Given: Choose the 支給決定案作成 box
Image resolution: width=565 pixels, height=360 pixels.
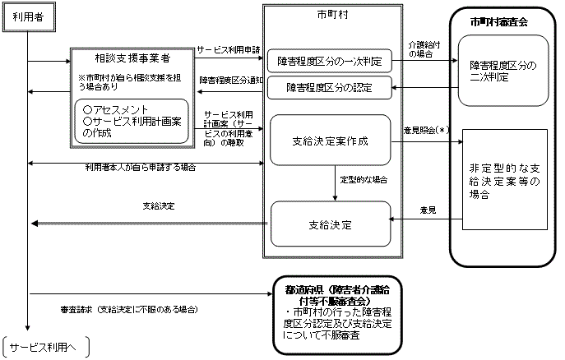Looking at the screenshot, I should [x=330, y=141].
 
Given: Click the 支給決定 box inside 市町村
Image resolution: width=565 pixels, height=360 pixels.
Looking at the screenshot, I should [x=330, y=223].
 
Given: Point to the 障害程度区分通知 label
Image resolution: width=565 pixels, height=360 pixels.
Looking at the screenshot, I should [x=229, y=80].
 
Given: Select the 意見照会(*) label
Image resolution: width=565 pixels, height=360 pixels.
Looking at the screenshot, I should [x=424, y=131].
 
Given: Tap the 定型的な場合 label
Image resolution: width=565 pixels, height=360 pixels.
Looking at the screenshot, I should [x=364, y=178].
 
